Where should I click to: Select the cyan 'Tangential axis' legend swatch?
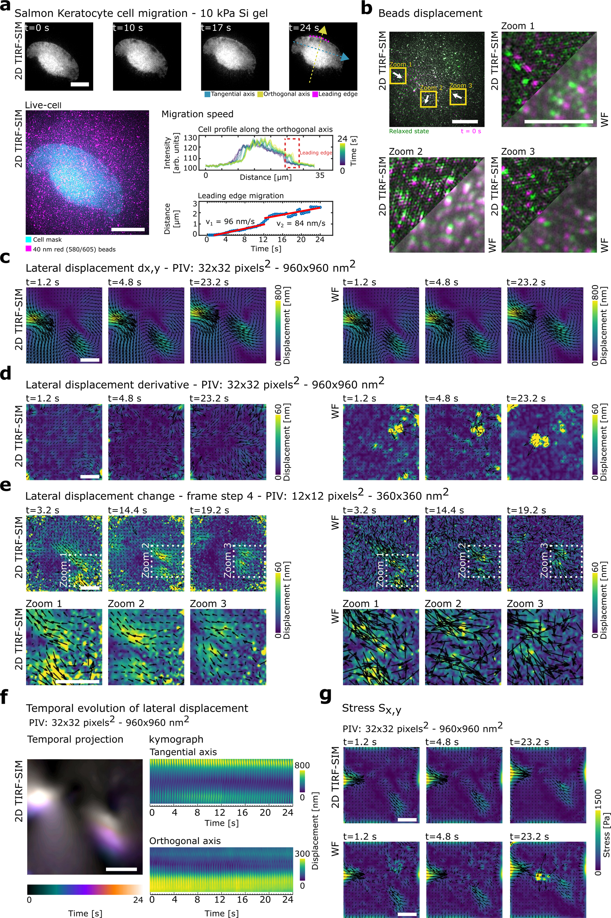(207, 94)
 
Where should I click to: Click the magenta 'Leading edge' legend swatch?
(315, 94)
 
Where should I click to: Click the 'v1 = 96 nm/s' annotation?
(230, 222)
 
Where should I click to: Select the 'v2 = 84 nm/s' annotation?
(300, 223)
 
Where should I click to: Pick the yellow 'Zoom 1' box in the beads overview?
(398, 76)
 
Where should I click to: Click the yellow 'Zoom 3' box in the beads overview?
(458, 96)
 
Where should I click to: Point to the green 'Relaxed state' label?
(409, 131)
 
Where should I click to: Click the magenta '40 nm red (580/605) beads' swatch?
(28, 249)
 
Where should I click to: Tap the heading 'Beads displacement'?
(430, 13)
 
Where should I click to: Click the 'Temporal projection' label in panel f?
(75, 740)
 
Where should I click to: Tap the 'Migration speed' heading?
(197, 114)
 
